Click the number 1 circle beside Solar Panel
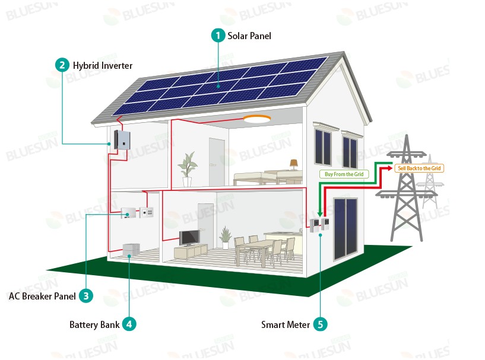[218, 36]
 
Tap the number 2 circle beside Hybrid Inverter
[62, 65]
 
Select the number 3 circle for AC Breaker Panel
[86, 296]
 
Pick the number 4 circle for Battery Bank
[129, 324]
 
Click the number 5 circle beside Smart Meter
[320, 324]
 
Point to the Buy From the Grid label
[344, 174]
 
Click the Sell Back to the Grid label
[419, 168]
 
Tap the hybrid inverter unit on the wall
[122, 140]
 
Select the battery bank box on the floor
[131, 250]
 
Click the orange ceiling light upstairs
[256, 119]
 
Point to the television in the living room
[189, 238]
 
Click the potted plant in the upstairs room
[187, 169]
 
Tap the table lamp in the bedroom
[293, 164]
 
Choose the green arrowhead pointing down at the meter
[320, 214]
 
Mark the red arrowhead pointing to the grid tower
[390, 168]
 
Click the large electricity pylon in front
[407, 189]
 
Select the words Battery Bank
[94, 324]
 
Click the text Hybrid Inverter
[103, 65]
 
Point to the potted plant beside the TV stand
[226, 237]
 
